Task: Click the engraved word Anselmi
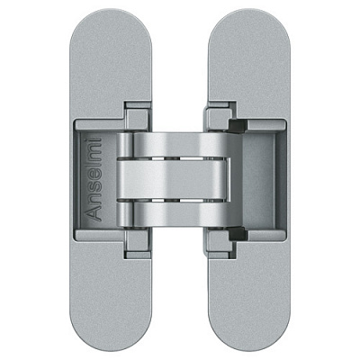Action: click(94, 179)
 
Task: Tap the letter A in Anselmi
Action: click(94, 213)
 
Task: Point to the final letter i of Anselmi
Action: click(94, 139)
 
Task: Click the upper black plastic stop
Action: click(238, 126)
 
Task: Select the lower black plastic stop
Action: click(238, 234)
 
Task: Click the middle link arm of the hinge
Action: click(174, 179)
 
